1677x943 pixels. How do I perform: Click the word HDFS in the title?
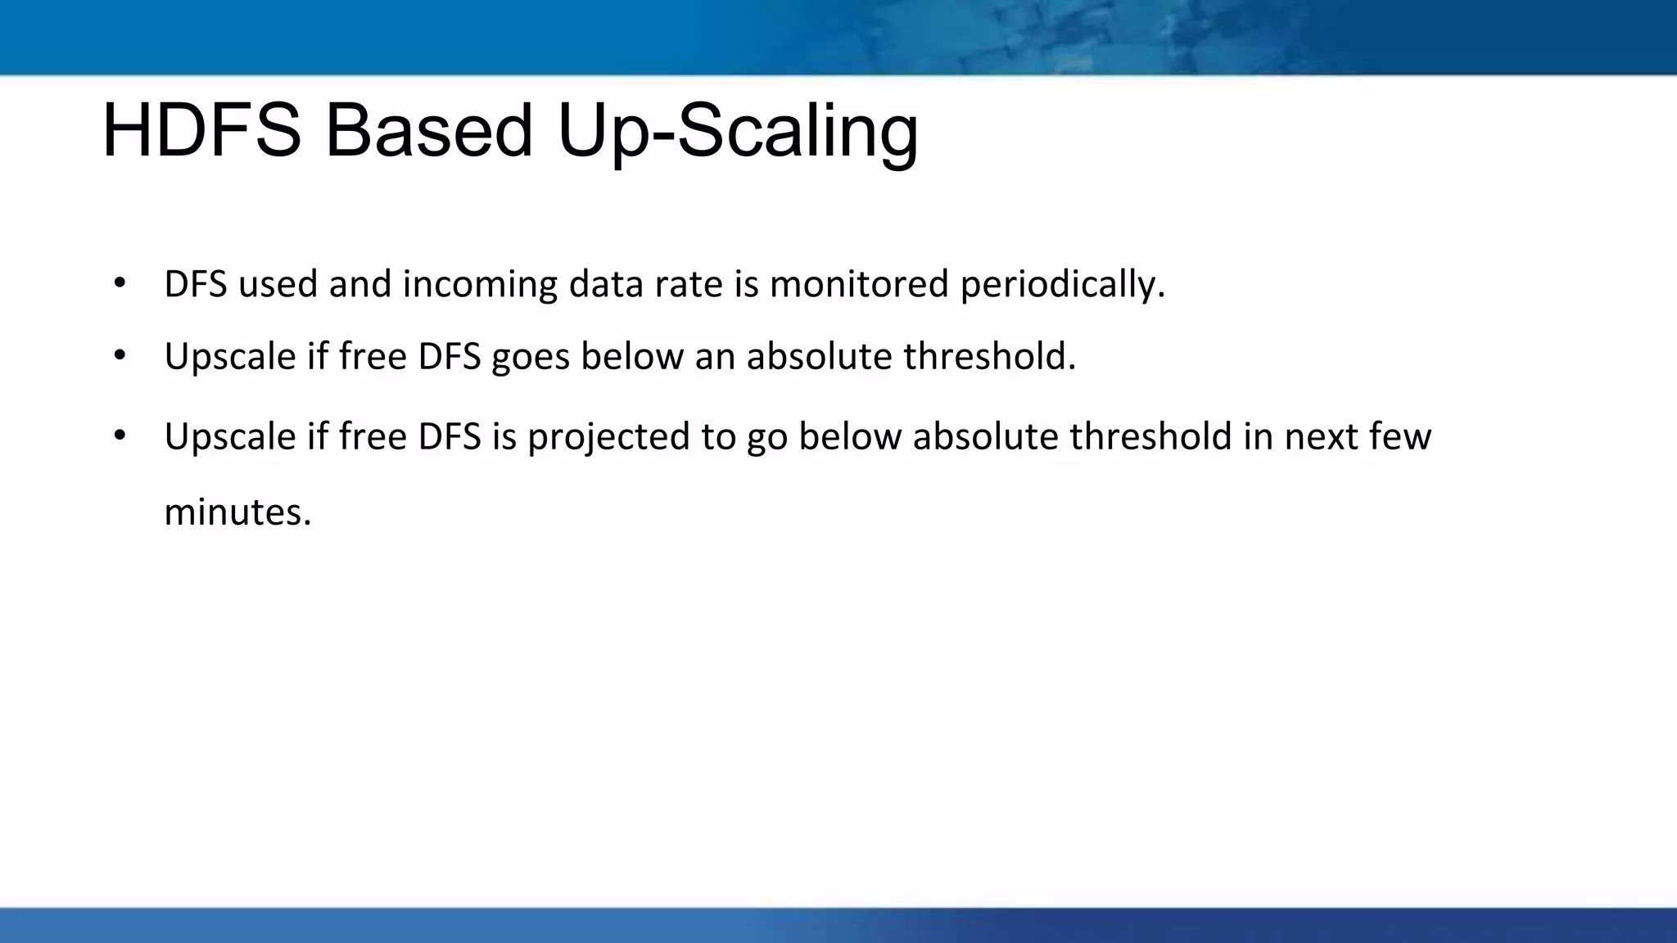click(x=201, y=131)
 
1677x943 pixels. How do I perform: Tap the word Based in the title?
click(x=429, y=131)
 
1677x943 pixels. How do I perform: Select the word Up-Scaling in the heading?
click(x=737, y=133)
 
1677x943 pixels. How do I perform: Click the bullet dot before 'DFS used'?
click(x=120, y=283)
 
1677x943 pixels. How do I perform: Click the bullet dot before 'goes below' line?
click(x=120, y=355)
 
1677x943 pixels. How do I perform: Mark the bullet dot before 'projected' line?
click(x=120, y=435)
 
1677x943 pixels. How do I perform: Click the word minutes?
click(x=237, y=512)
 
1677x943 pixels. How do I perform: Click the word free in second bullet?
click(x=373, y=357)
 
